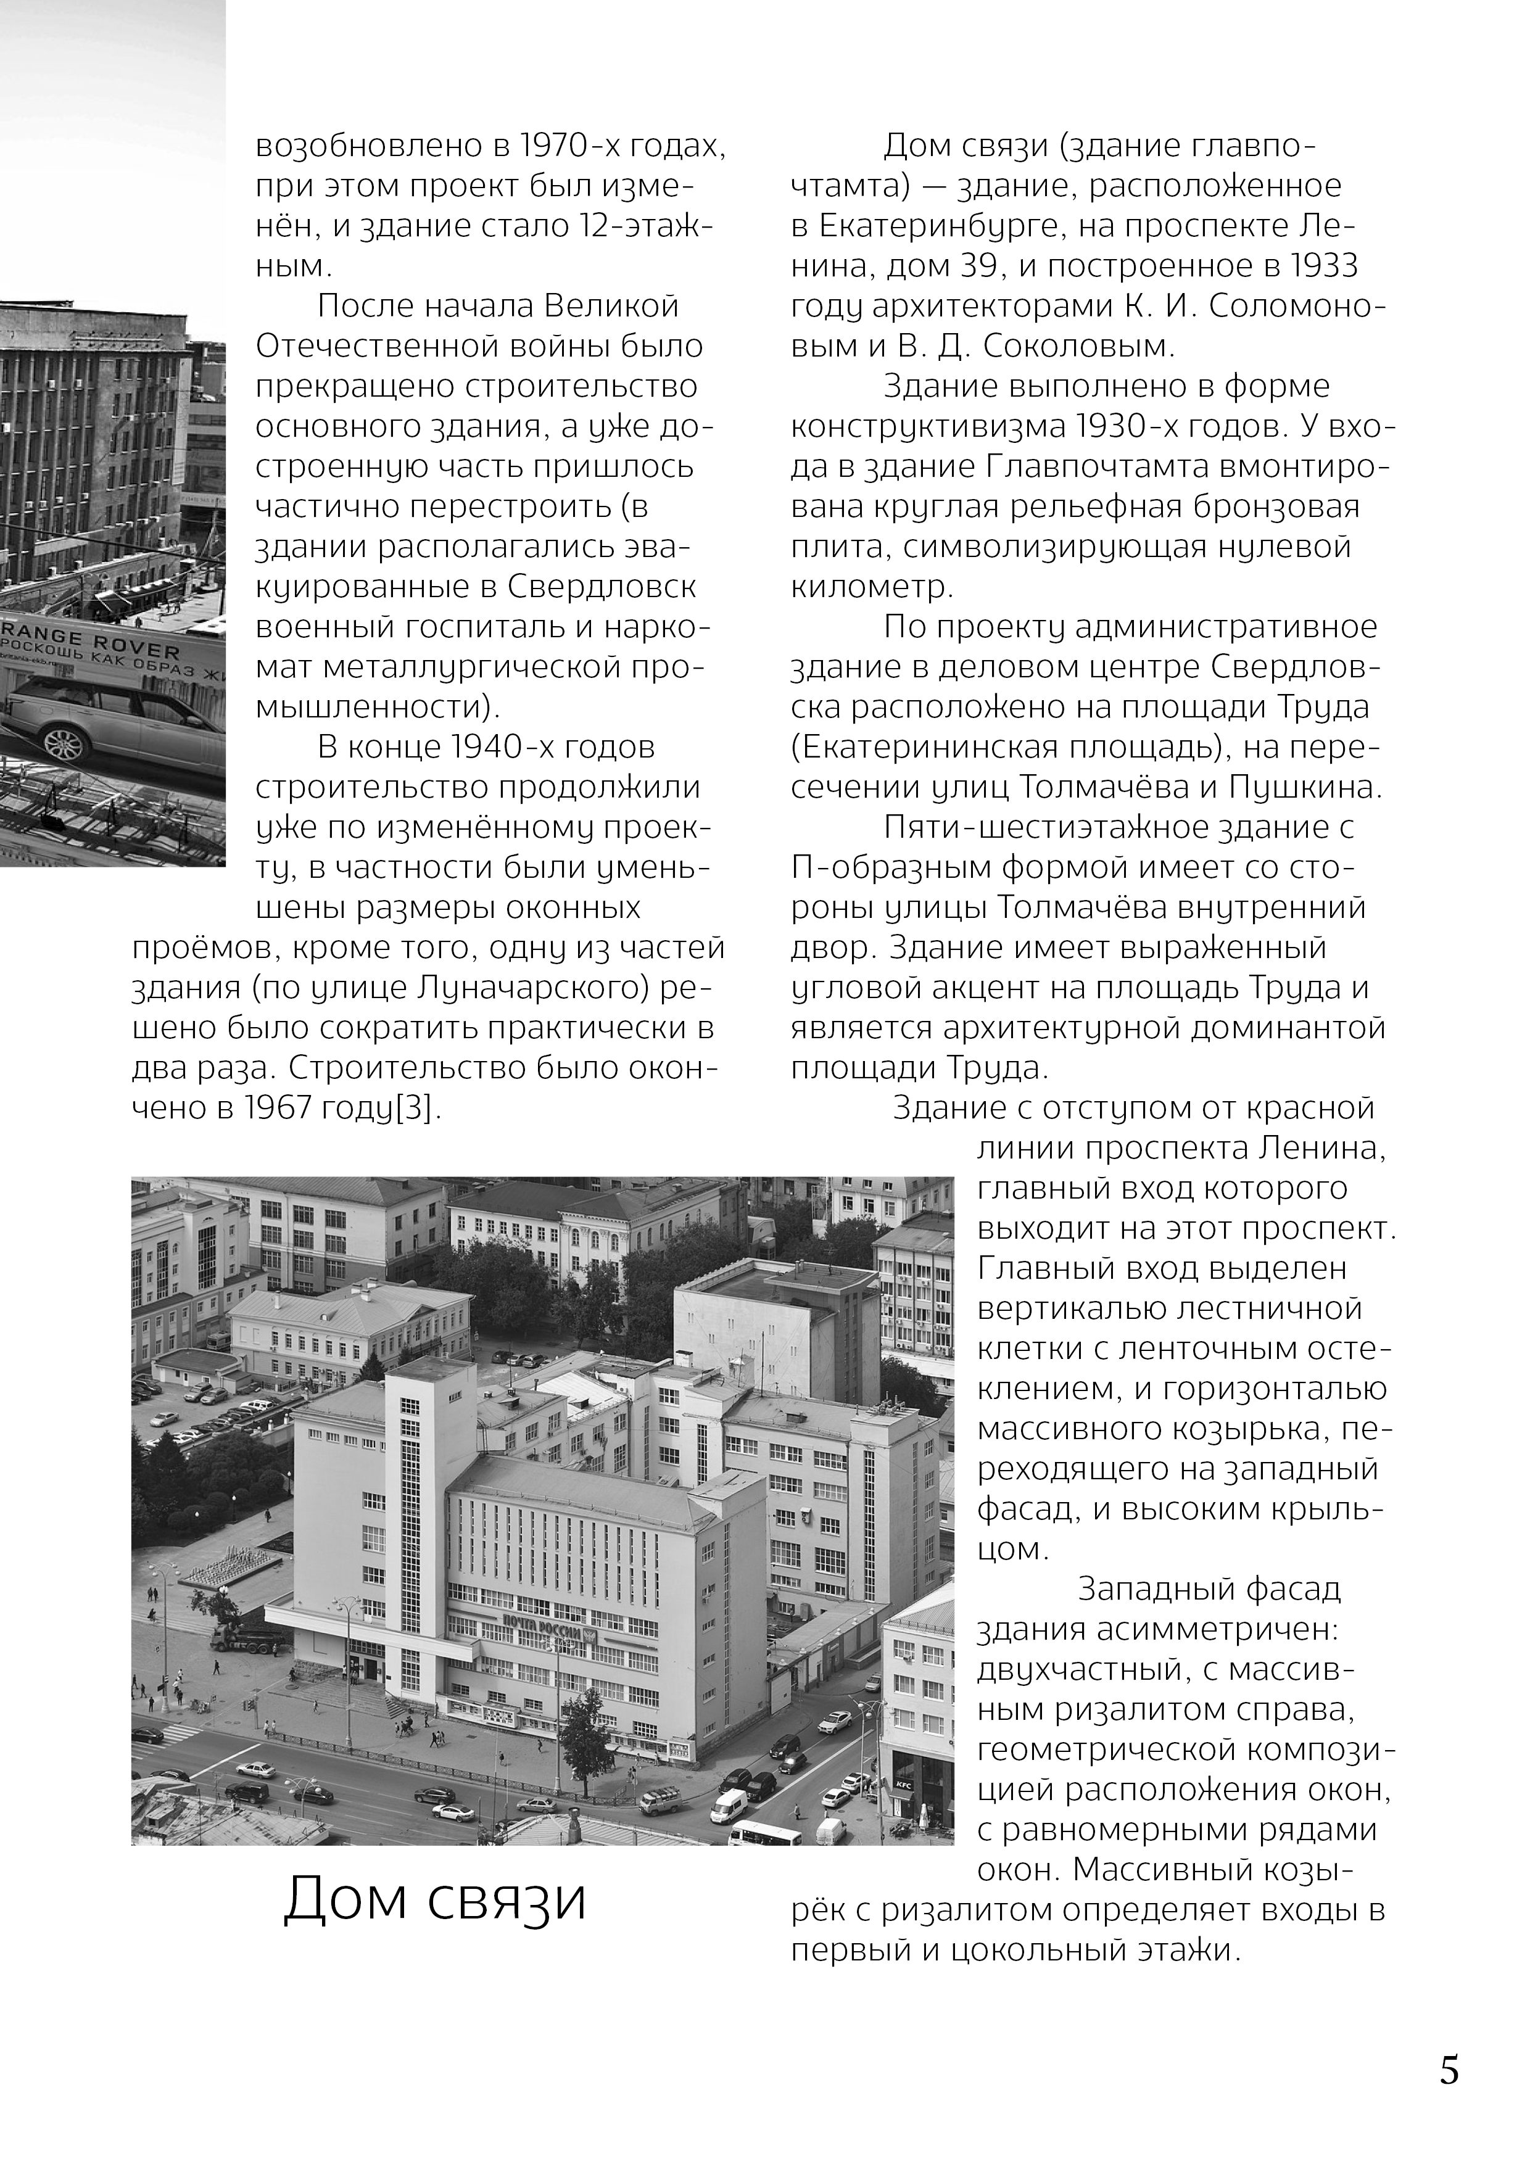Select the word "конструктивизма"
926,427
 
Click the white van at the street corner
729,1806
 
